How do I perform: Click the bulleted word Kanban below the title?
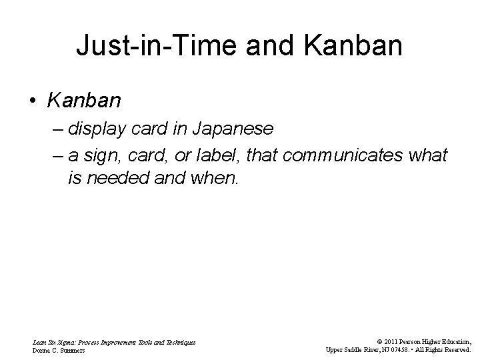(84, 101)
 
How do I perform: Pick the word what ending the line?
(427, 156)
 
